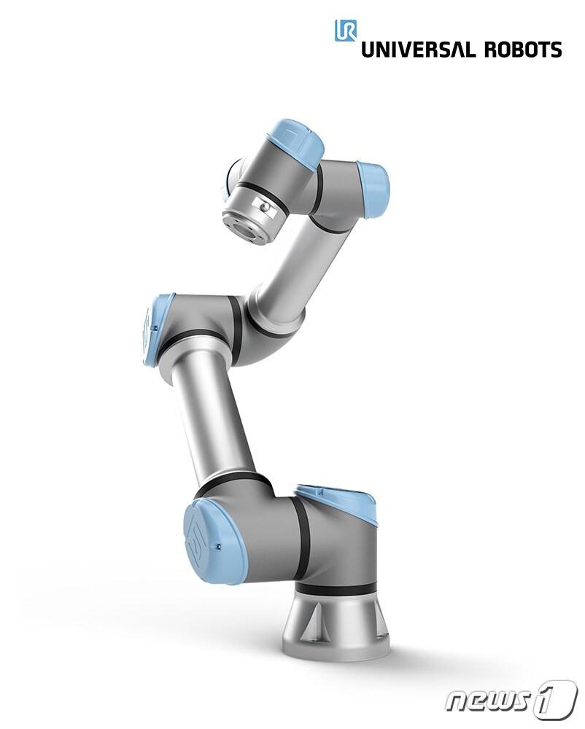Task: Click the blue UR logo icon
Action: (346, 30)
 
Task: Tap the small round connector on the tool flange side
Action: (264, 206)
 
